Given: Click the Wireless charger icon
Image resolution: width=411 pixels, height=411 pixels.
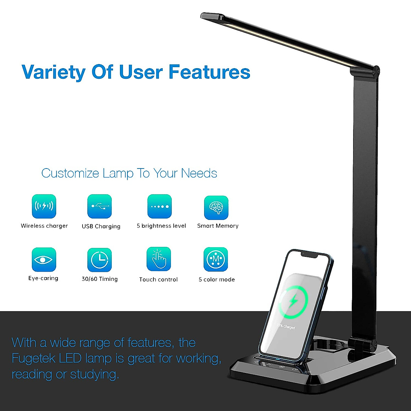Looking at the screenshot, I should click(44, 206).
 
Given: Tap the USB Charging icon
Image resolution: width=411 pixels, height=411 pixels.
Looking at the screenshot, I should click(100, 206).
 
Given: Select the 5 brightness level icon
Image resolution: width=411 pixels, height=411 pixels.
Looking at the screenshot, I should click(160, 206).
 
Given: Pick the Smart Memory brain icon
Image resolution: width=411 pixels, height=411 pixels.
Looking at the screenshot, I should click(216, 208).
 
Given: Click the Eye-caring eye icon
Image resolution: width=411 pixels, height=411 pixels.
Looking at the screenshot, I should click(44, 259).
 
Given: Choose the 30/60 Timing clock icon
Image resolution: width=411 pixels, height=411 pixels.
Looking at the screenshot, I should click(100, 260).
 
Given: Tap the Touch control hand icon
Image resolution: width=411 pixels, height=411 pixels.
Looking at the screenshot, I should click(159, 259).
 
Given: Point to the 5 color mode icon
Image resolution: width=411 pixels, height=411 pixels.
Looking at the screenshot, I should click(216, 259).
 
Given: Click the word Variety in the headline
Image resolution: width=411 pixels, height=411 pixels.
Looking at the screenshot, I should click(54, 72).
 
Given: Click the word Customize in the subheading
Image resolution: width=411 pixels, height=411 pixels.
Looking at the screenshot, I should click(70, 173).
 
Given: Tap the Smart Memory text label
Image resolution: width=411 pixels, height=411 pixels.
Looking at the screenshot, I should click(218, 226).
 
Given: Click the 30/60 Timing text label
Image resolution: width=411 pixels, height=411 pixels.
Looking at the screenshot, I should click(100, 279).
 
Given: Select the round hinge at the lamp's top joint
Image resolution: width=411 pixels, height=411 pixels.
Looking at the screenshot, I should click(376, 71).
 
